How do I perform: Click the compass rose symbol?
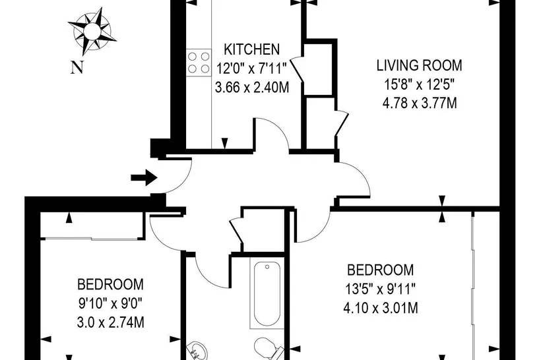point(92,31)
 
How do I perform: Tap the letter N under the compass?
point(77,67)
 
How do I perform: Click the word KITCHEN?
point(251,49)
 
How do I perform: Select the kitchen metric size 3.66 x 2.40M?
point(252,87)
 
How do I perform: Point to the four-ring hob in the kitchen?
point(199,63)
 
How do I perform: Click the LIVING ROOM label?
point(419,65)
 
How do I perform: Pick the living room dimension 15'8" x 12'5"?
point(419,84)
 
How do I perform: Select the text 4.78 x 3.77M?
point(420,103)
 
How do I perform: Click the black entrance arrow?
point(144,177)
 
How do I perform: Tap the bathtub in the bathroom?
point(267,293)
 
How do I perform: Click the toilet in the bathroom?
point(269,347)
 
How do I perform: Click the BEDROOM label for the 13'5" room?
point(380,270)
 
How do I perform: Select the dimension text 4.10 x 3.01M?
point(381,308)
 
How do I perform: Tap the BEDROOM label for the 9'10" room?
point(110,284)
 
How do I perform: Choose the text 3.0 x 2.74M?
point(110,322)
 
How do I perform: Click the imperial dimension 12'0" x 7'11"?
point(251,69)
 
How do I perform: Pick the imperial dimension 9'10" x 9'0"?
point(110,304)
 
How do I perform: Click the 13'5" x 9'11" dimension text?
point(380,289)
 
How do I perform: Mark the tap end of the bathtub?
point(267,266)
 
